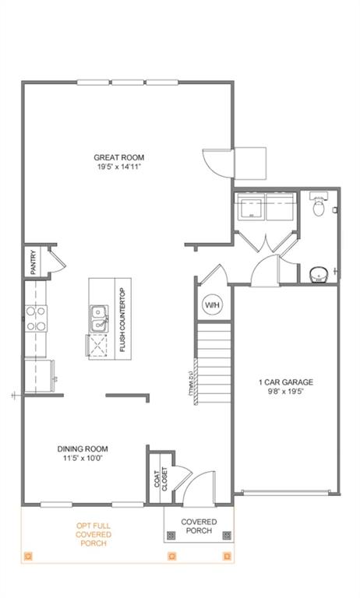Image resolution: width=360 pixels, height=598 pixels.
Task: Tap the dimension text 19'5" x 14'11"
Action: click(119, 167)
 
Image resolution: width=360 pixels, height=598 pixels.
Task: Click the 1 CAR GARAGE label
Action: click(286, 382)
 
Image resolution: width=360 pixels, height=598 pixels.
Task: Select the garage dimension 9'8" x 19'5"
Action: click(286, 392)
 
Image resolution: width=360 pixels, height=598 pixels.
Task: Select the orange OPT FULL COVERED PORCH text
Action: click(94, 534)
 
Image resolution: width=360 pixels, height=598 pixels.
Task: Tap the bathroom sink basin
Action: click(319, 273)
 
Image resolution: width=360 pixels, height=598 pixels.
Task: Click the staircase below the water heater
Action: click(214, 362)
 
